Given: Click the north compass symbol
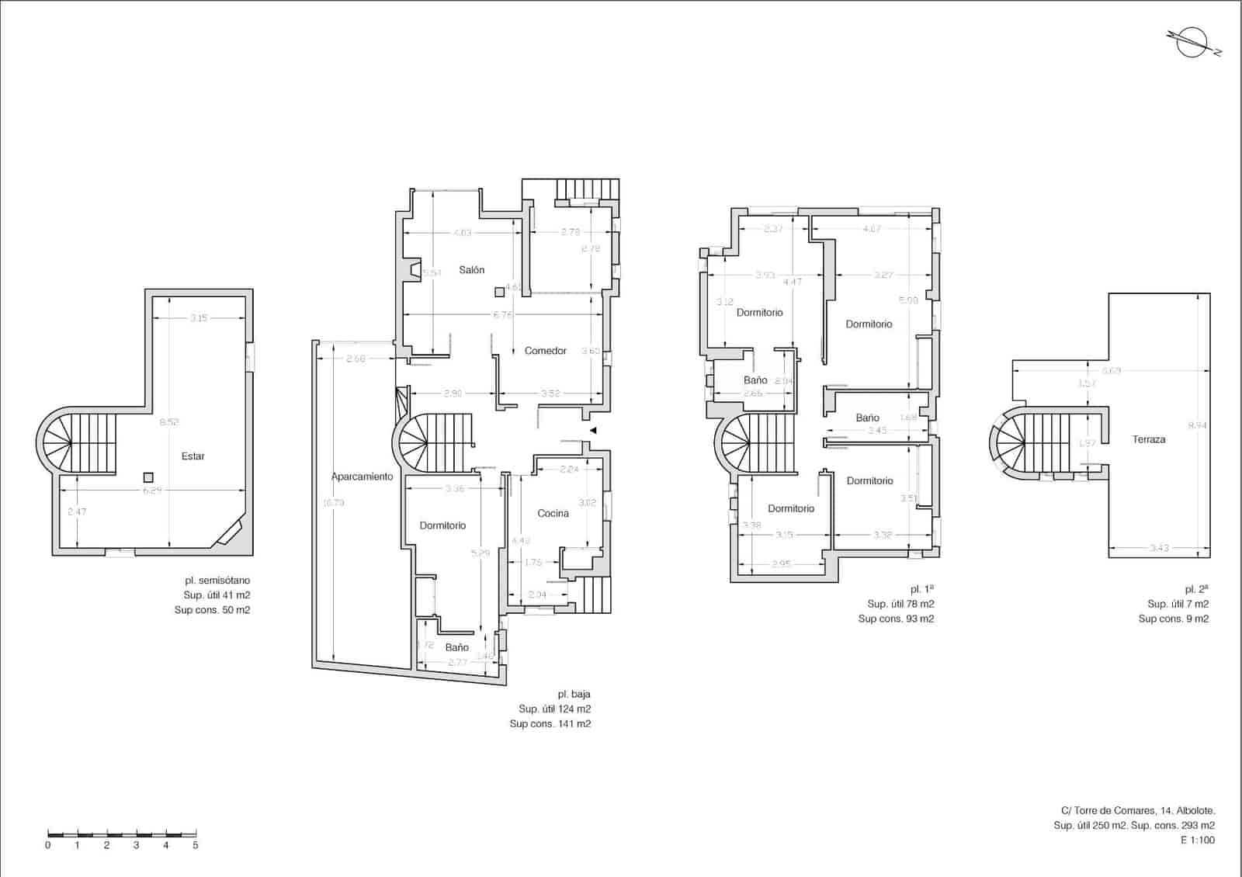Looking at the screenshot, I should tap(1192, 42).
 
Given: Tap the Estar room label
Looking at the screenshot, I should tap(193, 456).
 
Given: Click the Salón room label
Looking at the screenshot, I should tap(471, 270).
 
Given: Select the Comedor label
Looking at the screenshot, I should tap(545, 351).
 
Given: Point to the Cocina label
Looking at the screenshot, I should tap(553, 513).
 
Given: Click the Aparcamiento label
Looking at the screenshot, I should tap(362, 477).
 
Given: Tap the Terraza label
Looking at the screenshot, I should tap(1148, 439).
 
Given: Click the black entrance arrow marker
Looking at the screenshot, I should tap(592, 430).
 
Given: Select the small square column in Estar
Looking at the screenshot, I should tap(148, 477).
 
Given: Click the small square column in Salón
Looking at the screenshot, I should tap(499, 293).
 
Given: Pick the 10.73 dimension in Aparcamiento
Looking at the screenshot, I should tap(333, 503).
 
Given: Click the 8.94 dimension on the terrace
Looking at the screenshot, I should tap(1197, 425).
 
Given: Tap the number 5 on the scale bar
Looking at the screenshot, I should tap(195, 845).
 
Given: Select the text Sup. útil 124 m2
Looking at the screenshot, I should tap(554, 709).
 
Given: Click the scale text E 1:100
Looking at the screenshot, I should tap(1197, 841).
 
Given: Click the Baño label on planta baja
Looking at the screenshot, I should tap(456, 647).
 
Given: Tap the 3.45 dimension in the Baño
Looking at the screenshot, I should tap(876, 430).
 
